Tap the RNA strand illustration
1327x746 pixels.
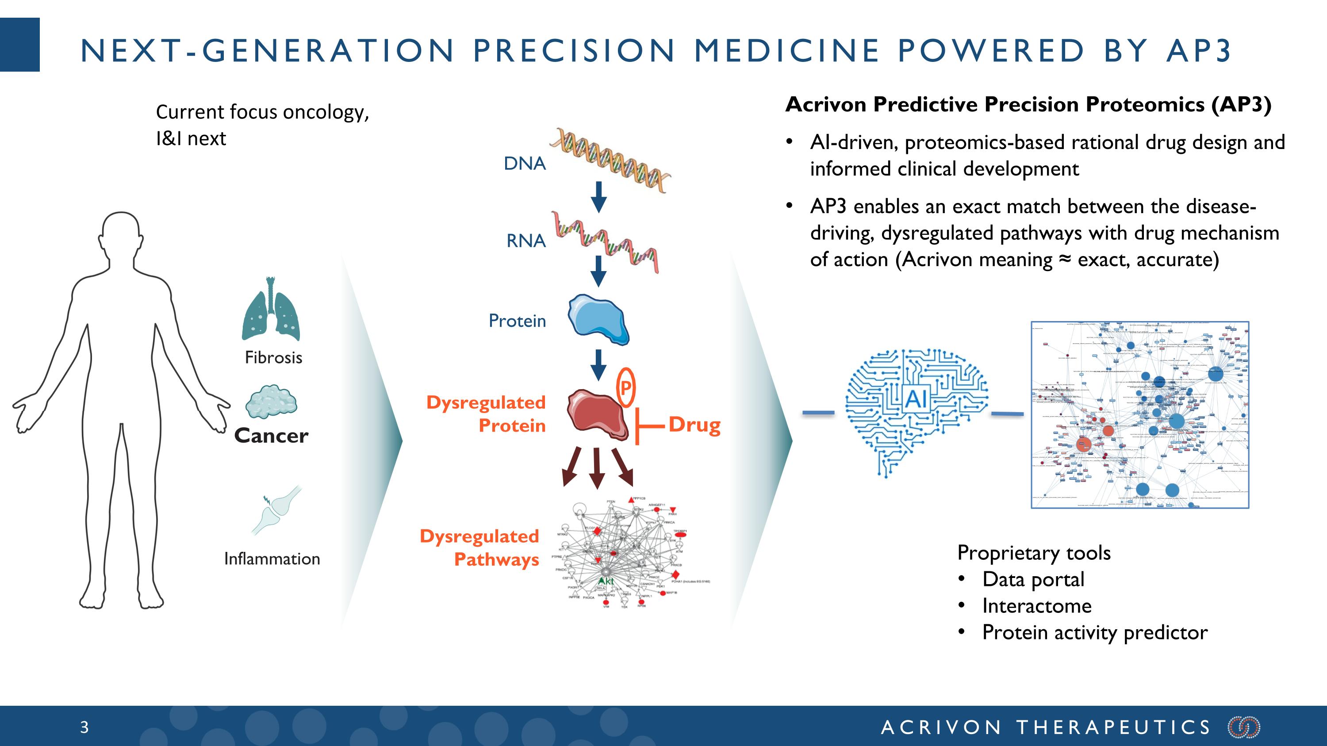[605, 241]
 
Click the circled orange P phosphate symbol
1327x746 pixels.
[625, 388]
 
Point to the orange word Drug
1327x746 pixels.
[694, 425]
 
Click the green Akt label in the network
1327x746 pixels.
[606, 581]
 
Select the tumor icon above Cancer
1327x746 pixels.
[271, 402]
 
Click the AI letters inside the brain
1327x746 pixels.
[916, 398]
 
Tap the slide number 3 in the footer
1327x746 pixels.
[84, 727]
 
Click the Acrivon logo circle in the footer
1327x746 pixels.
[1244, 727]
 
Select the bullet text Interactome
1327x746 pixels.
[1036, 606]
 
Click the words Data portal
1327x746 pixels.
[1033, 579]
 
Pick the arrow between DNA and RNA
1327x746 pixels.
[598, 197]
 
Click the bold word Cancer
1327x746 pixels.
[271, 436]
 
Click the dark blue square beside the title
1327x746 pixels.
[19, 45]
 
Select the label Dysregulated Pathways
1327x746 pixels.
[480, 548]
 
